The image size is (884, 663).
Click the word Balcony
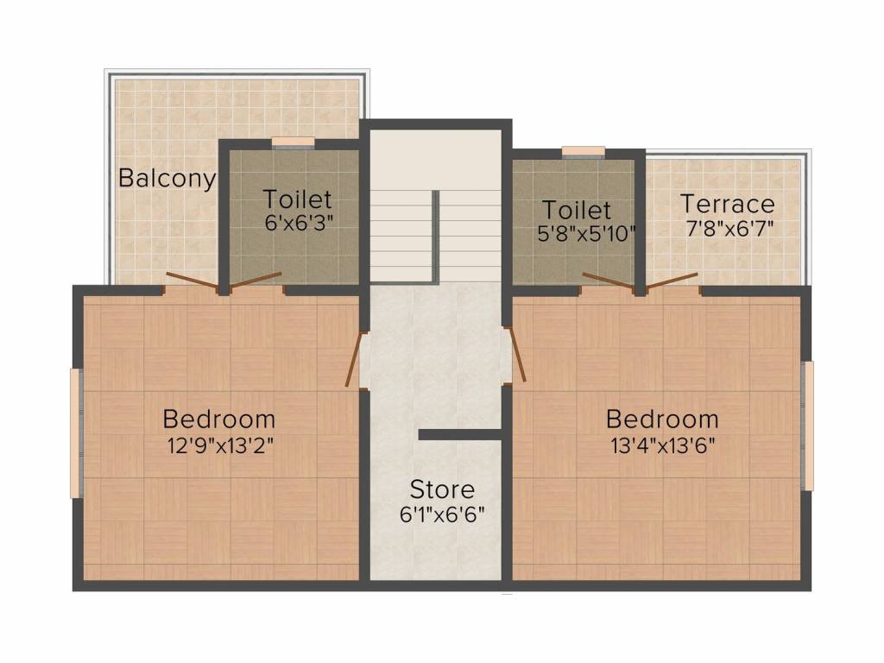click(x=167, y=179)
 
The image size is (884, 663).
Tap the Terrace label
click(x=727, y=205)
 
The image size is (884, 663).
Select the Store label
click(x=441, y=489)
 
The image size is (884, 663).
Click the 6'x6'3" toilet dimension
click(x=298, y=221)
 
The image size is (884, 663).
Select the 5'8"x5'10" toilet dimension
click(x=586, y=232)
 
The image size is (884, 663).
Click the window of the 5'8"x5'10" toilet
click(x=583, y=152)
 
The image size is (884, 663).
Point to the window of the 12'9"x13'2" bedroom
click(x=76, y=433)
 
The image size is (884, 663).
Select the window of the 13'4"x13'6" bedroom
click(x=808, y=426)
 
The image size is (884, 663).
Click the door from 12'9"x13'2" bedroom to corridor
click(x=354, y=360)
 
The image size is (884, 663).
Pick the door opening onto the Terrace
click(x=672, y=282)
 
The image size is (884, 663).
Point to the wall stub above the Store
click(x=460, y=434)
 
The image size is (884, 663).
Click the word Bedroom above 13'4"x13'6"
click(x=661, y=420)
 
